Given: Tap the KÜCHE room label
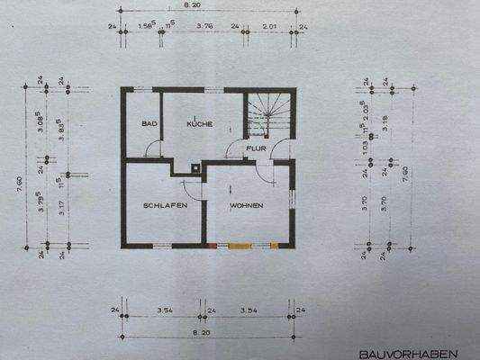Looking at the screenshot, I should pyautogui.click(x=200, y=124).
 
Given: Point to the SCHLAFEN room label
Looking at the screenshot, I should pyautogui.click(x=164, y=206).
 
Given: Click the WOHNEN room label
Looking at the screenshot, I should pyautogui.click(x=246, y=206).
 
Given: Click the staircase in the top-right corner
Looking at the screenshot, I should pyautogui.click(x=269, y=112).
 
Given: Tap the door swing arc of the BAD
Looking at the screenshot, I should pyautogui.click(x=156, y=148).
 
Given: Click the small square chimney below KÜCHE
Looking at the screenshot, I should pyautogui.click(x=197, y=167).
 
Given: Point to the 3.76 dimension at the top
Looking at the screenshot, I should pyautogui.click(x=205, y=26).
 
